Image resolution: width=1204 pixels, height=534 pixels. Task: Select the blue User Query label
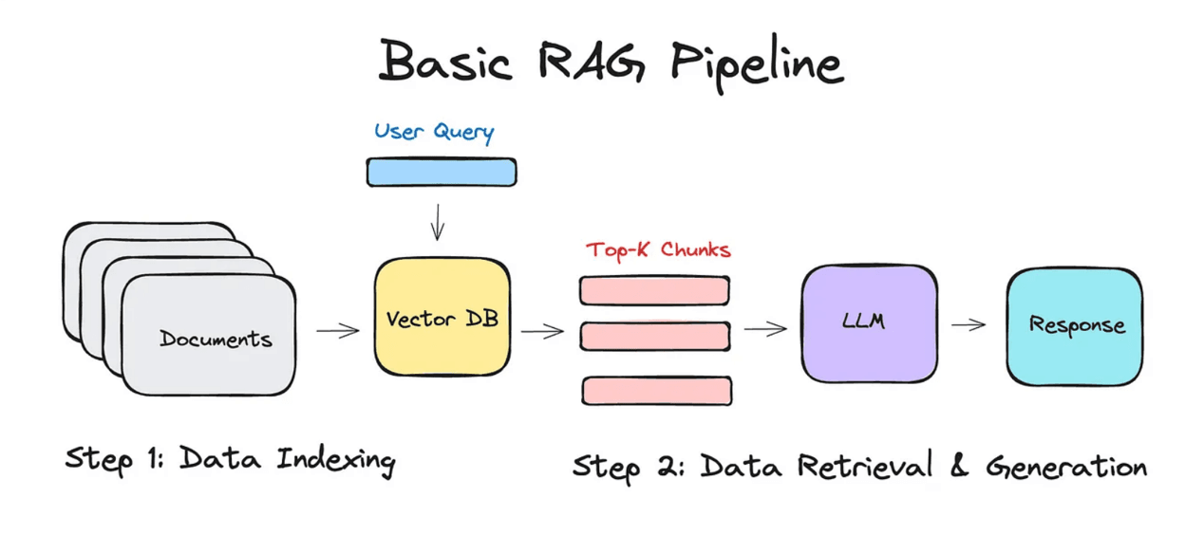coord(434,131)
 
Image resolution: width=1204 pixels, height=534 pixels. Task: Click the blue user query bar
coord(442,172)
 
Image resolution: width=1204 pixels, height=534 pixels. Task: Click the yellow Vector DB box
coord(442,317)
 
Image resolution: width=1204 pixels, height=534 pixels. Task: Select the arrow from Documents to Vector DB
coord(338,330)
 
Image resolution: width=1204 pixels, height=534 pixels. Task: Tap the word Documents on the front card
coord(216,339)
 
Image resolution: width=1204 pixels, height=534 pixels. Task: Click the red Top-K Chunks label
coord(658,250)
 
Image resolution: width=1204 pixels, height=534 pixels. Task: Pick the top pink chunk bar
coord(654,290)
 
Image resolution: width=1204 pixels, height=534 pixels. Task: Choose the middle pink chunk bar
coord(654,337)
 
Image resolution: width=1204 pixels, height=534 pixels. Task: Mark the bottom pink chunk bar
coord(656,391)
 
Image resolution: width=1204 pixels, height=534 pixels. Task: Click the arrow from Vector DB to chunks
coord(542,331)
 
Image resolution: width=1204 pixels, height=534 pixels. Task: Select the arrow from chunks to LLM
coord(765,329)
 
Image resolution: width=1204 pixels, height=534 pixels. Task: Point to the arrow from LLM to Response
coord(969,325)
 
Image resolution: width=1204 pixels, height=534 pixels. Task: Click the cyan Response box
coord(1074,326)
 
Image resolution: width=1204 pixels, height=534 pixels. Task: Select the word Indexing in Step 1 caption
coord(336,460)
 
